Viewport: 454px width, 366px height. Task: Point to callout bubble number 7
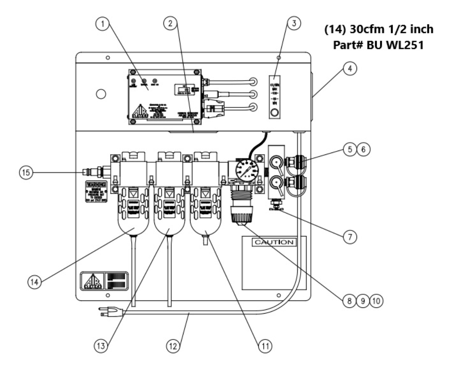[x=350, y=238]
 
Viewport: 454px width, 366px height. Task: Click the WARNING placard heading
[x=96, y=184]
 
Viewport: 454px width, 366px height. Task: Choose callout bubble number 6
[x=365, y=149]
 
